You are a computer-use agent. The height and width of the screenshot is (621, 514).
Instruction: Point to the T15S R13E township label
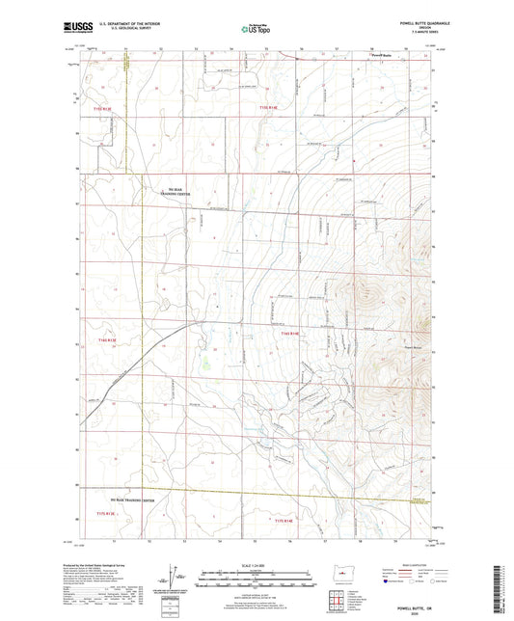coord(103,110)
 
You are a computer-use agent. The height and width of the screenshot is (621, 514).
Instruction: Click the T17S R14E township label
coord(289,521)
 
